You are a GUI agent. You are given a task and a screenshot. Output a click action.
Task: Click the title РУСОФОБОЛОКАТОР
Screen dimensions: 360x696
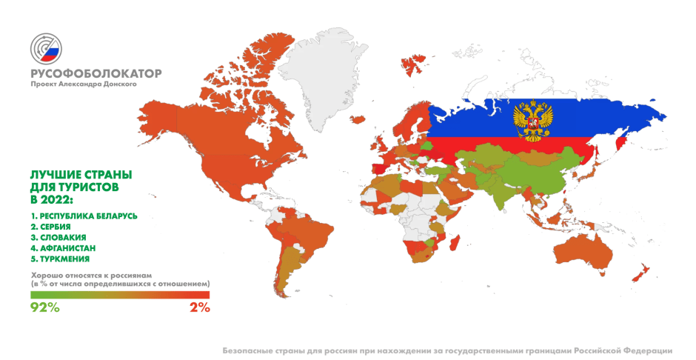click(x=96, y=73)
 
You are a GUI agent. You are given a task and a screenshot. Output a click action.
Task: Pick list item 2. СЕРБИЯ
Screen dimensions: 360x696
click(x=50, y=226)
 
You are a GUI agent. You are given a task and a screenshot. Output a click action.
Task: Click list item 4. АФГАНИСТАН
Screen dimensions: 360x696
click(x=62, y=248)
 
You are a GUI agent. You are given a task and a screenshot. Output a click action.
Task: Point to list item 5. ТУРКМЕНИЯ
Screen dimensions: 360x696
click(x=59, y=259)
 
